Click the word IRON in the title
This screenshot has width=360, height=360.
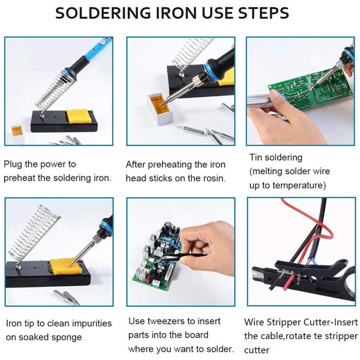(x=176, y=13)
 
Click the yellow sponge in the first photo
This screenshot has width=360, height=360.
(x=77, y=116)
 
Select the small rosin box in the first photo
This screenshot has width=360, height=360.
(x=17, y=134)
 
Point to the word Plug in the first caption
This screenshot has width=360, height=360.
(x=13, y=164)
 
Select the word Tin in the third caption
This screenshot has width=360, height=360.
(x=256, y=157)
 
